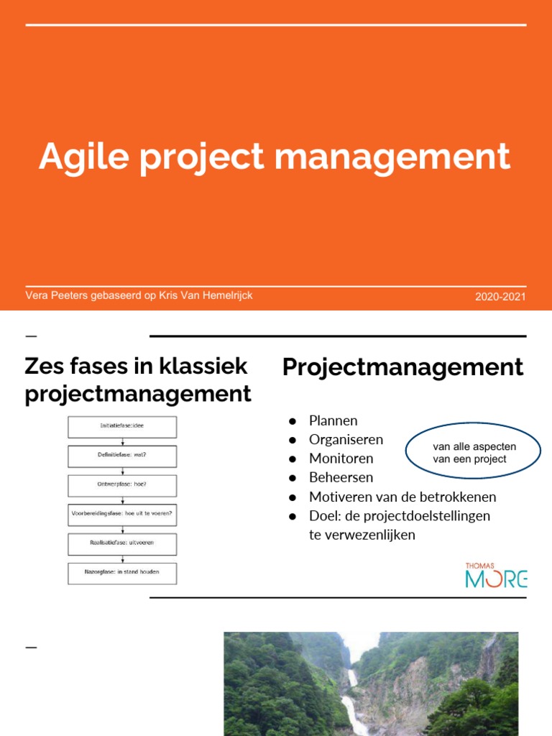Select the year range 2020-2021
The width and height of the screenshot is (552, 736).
(x=500, y=297)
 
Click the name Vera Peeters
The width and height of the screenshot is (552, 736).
(x=56, y=295)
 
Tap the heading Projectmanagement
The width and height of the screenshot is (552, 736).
(x=402, y=367)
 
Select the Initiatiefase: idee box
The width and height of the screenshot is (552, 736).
(x=122, y=426)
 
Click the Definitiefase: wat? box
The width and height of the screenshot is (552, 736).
(x=122, y=456)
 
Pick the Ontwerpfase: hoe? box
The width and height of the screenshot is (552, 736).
(x=122, y=485)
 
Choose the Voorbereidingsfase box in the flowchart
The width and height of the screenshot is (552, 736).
(x=122, y=515)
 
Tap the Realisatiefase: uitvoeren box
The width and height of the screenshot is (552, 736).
(x=122, y=543)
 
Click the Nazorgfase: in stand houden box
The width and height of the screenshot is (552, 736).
(x=122, y=573)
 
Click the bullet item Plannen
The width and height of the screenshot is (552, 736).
(x=333, y=420)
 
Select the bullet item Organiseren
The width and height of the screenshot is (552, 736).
(x=346, y=439)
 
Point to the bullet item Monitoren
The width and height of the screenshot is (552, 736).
(x=341, y=458)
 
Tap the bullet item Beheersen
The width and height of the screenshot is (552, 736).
(x=341, y=477)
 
